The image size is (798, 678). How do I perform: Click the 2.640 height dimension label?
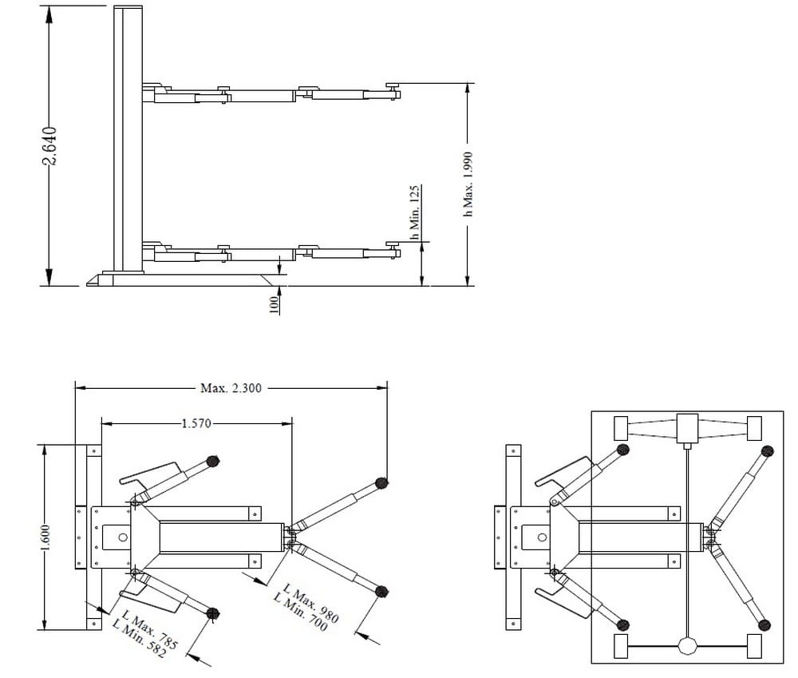tap(49, 146)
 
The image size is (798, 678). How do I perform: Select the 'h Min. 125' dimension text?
tap(415, 212)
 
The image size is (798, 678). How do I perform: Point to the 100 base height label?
tap(274, 304)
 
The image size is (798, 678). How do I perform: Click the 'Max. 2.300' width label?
tap(231, 388)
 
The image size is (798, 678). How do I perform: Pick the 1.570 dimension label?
tap(196, 423)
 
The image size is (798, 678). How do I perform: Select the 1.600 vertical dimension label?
tap(45, 537)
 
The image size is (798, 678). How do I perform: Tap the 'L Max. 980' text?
tap(311, 604)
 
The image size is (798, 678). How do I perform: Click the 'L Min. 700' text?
tap(301, 613)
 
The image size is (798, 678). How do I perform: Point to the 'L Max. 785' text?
tap(151, 631)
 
